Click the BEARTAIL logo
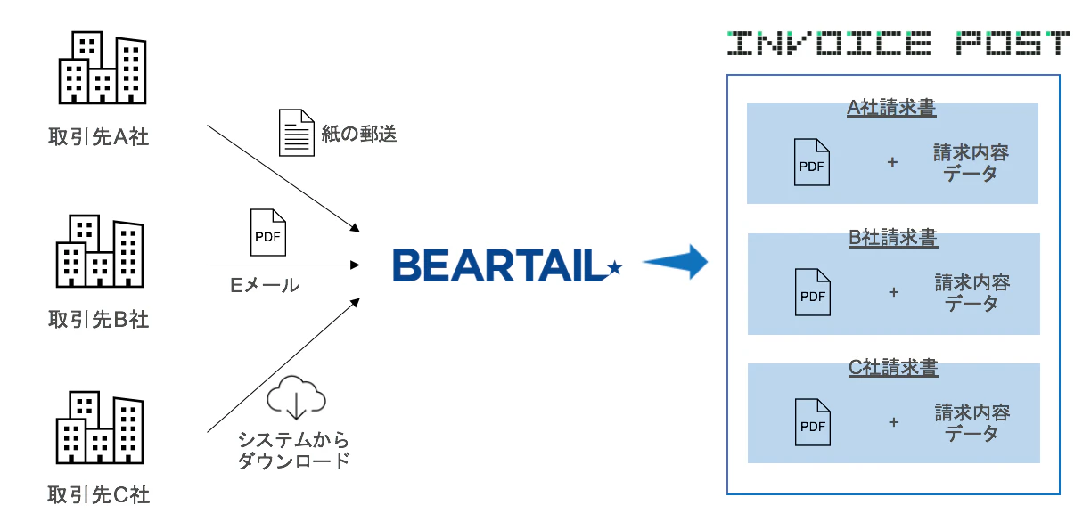click(506, 265)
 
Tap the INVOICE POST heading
click(898, 43)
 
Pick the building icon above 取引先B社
click(100, 252)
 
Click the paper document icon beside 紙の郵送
click(297, 133)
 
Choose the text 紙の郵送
click(358, 135)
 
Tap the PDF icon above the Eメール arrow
click(267, 232)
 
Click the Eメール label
click(265, 285)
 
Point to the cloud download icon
click(297, 396)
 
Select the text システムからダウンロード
click(293, 451)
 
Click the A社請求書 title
click(891, 109)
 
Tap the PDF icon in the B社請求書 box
click(812, 292)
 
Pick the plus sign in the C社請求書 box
click(893, 422)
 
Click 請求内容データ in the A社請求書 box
click(972, 163)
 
